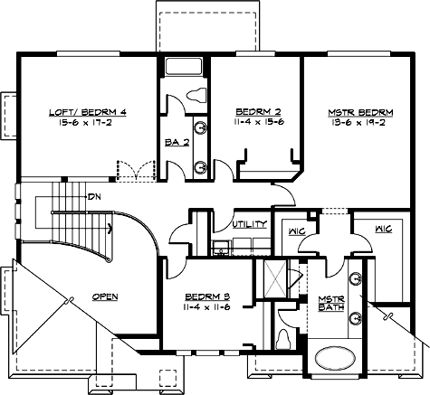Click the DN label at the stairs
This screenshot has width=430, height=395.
pos(94,196)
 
